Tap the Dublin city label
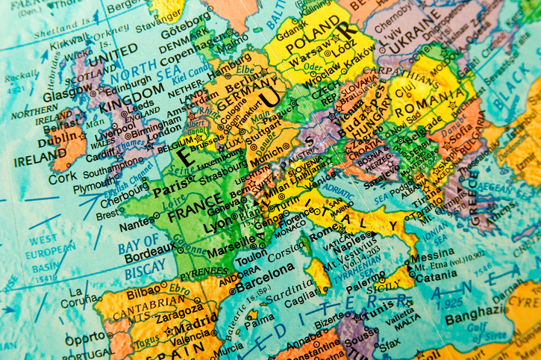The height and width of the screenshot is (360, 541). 56,138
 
